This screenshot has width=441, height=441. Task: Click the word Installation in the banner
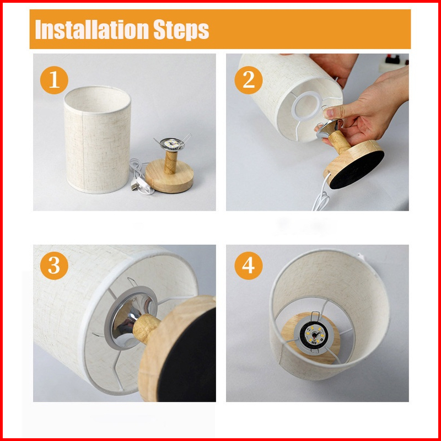tap(92, 29)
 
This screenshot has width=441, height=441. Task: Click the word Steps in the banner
tap(181, 30)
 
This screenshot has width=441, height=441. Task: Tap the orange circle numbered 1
tap(54, 80)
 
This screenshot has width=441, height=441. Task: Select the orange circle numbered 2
tap(249, 80)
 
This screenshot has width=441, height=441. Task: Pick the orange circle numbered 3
tap(54, 266)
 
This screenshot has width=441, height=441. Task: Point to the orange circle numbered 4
tap(249, 266)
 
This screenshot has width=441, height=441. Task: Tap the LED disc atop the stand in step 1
tap(172, 144)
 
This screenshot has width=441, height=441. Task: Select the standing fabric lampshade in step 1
tap(98, 139)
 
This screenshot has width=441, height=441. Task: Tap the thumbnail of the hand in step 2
tap(329, 113)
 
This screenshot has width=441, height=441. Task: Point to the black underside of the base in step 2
tap(357, 170)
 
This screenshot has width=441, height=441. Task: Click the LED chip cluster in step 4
tap(313, 334)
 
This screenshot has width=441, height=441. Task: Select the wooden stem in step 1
tap(171, 162)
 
